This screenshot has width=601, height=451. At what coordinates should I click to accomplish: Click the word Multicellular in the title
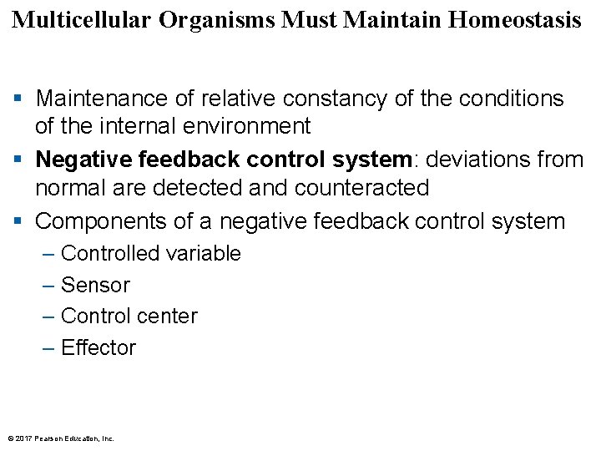coord(82,20)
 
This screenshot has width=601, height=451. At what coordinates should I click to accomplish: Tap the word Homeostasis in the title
coord(514,20)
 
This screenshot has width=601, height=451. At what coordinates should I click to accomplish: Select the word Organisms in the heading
coord(218,20)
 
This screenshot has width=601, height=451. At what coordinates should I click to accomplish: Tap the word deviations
coord(476,159)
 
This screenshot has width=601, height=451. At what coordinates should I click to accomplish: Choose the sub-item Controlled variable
coord(151,253)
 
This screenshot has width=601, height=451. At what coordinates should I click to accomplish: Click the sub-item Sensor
coord(95,285)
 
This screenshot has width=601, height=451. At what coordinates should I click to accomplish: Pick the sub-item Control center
coord(129,317)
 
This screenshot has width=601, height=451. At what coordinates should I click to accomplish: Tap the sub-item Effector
coord(98,348)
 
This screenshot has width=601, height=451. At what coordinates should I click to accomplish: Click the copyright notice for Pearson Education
coord(60,438)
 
